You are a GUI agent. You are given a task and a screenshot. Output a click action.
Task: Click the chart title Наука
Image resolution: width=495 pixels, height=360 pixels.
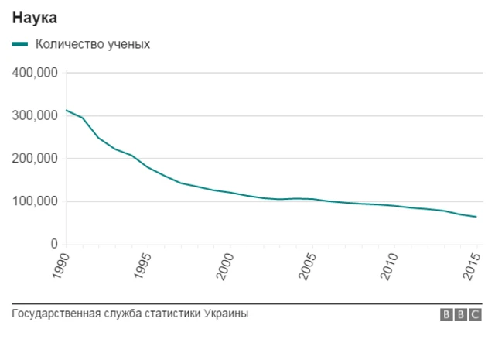[x=35, y=16]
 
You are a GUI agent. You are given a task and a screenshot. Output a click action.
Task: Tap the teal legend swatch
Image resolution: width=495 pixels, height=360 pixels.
[x=20, y=44]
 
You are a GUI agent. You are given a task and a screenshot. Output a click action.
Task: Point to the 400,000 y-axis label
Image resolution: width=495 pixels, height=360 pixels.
[x=36, y=73]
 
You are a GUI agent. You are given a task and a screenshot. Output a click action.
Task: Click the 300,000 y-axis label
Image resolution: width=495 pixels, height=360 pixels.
[x=36, y=115]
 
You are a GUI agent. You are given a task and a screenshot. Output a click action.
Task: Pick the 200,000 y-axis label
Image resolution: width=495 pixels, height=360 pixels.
[x=36, y=158]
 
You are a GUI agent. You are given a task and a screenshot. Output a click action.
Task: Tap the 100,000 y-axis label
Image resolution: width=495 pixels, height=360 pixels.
[x=36, y=201]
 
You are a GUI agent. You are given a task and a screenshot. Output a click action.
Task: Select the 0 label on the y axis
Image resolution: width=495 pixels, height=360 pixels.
[x=54, y=244]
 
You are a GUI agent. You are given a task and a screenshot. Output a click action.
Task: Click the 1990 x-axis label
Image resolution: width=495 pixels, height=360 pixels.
[x=61, y=264]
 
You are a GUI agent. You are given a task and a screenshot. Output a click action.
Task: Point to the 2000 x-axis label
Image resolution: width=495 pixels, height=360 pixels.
[x=226, y=264]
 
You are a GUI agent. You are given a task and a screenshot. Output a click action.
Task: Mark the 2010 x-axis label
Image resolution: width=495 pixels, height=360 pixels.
[x=391, y=264]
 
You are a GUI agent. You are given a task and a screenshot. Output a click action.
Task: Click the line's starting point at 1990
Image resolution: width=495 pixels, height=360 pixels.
[x=66, y=110]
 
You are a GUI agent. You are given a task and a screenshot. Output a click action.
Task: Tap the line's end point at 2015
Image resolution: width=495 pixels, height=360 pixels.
[x=476, y=217]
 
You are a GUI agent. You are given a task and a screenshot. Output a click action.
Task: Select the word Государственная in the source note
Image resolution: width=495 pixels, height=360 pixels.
[x=53, y=314]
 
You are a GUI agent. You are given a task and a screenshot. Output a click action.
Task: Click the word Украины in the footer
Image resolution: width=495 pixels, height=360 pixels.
[x=227, y=314]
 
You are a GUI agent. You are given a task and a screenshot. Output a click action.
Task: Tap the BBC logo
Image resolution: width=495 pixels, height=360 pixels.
[x=461, y=314]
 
